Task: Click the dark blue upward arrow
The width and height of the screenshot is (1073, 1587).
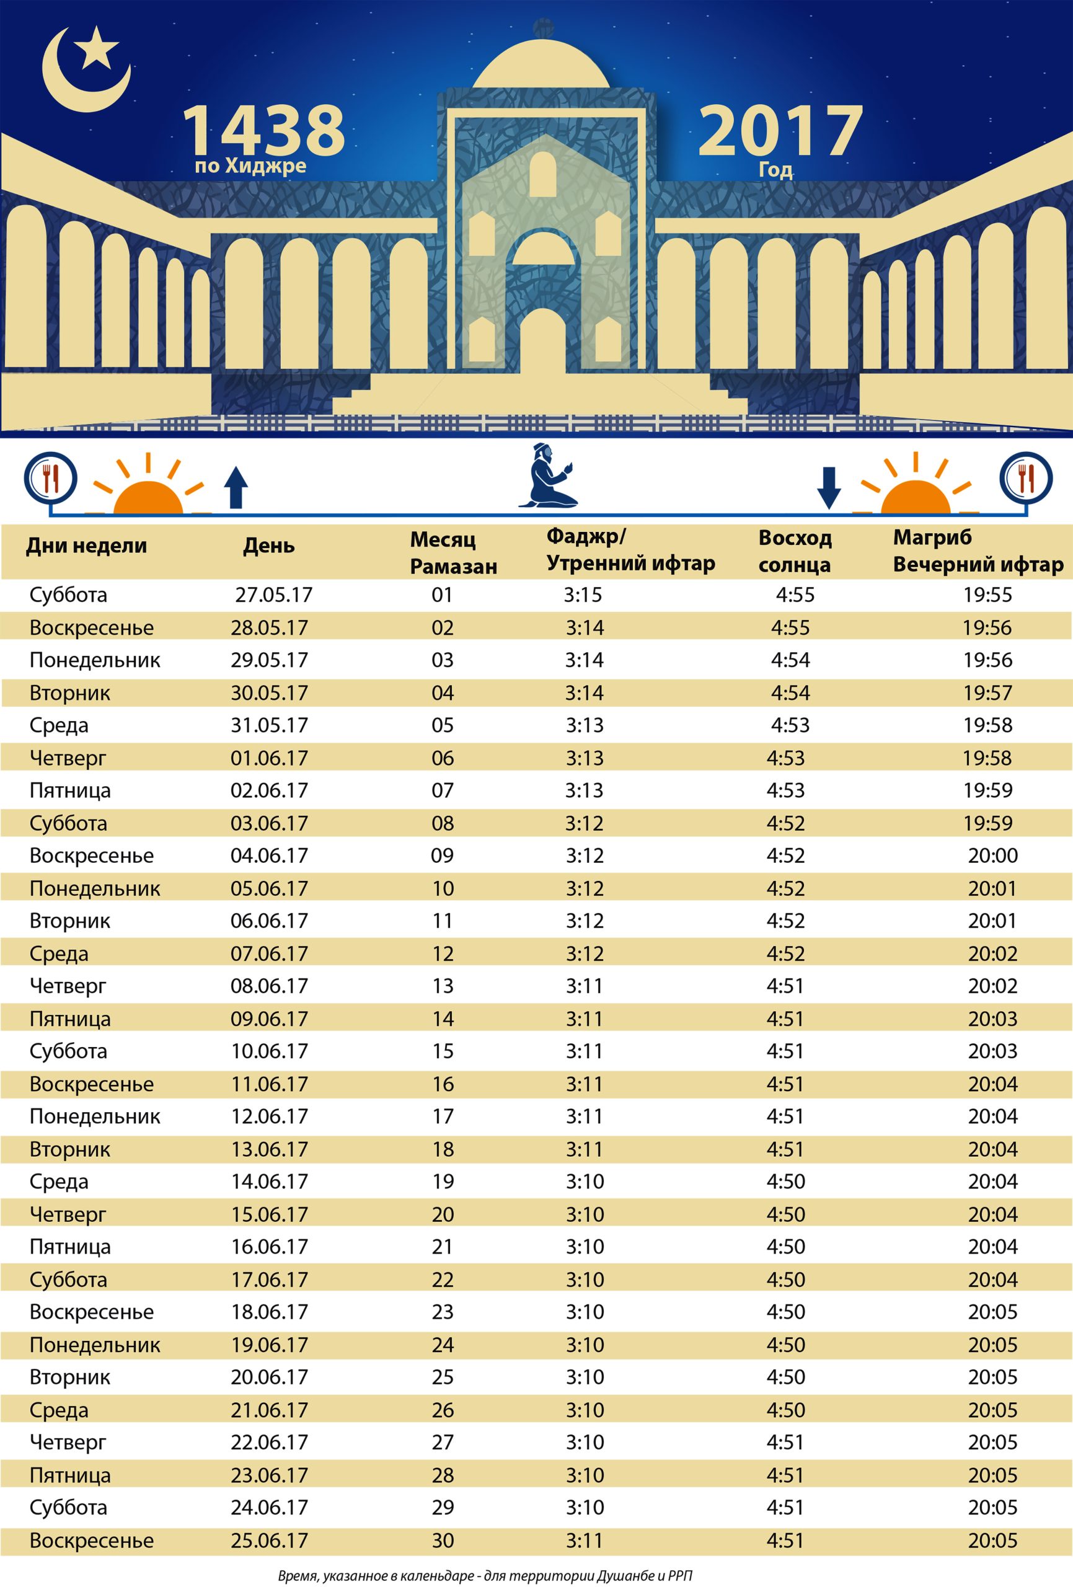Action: (236, 487)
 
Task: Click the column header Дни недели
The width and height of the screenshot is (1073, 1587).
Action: (87, 545)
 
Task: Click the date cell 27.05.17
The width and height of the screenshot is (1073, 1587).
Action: (274, 595)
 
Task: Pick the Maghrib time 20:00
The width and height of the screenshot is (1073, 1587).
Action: (992, 855)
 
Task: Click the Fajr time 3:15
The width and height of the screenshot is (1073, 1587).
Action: (583, 595)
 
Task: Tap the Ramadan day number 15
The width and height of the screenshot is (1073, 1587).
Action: (443, 1051)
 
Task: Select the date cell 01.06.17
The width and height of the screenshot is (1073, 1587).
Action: (269, 758)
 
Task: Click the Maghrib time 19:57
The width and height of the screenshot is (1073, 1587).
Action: (987, 692)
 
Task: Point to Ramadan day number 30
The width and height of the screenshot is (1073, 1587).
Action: (443, 1541)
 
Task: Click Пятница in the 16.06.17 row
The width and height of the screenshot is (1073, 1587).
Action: (69, 1246)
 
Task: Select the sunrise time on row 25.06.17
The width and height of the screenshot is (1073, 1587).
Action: (785, 1541)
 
